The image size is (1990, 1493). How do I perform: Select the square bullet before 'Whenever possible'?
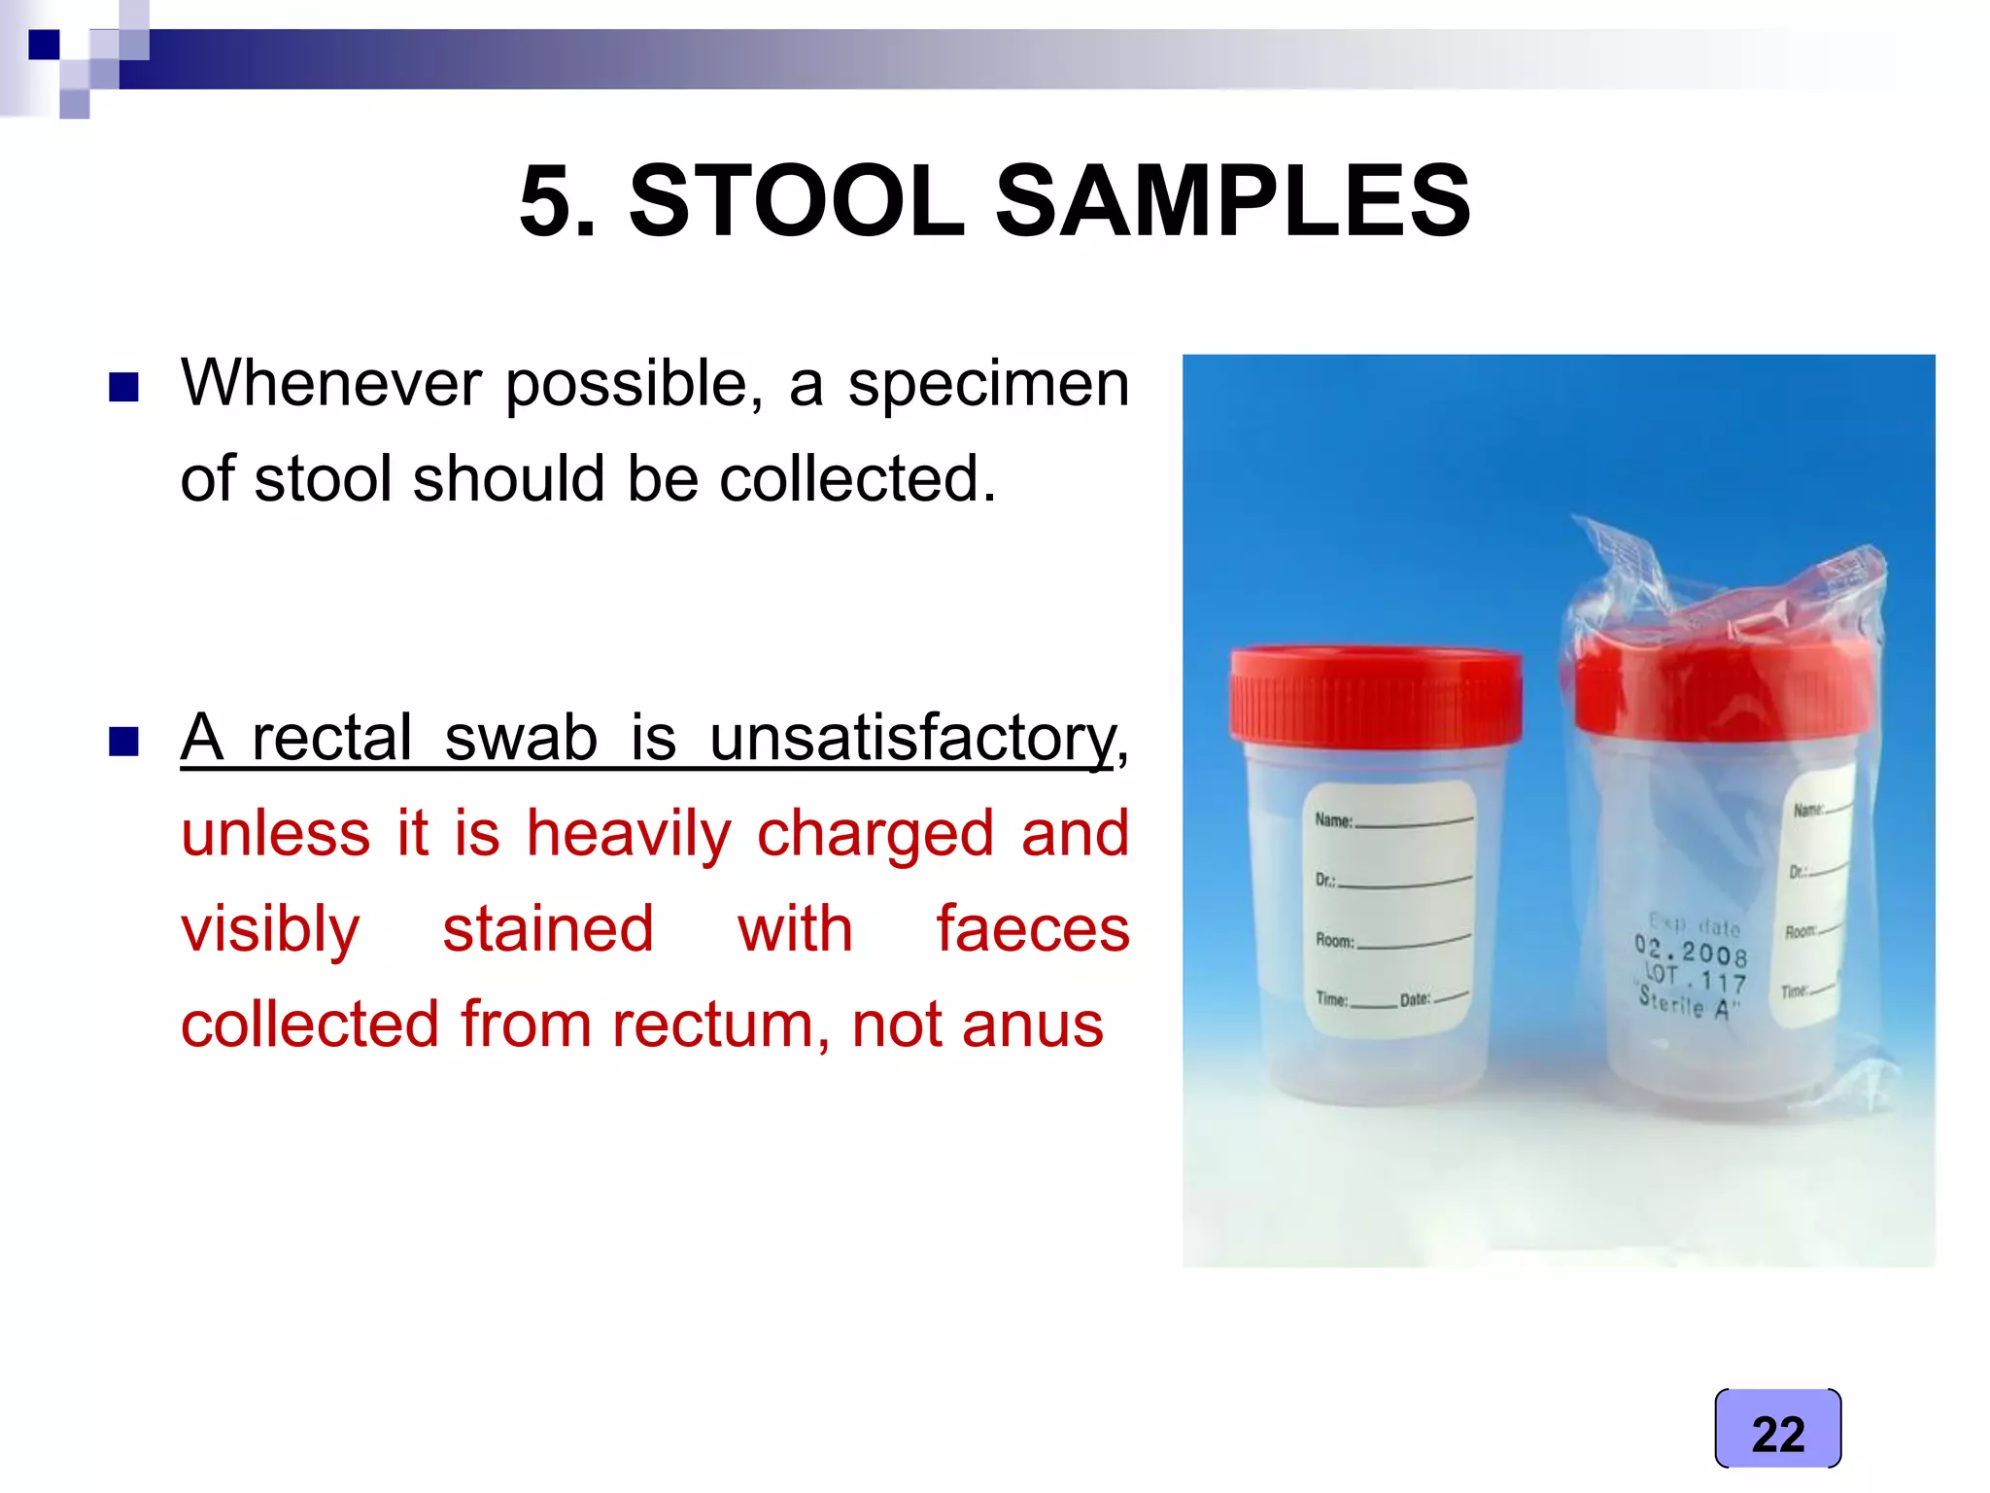[123, 387]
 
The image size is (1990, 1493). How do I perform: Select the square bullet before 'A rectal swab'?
[123, 742]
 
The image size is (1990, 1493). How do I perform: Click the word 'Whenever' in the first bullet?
[330, 383]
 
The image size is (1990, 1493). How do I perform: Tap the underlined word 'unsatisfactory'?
[913, 739]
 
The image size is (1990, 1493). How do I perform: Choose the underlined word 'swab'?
[520, 738]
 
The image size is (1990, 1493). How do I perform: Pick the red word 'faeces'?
[1032, 929]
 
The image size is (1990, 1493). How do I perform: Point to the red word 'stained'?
[548, 929]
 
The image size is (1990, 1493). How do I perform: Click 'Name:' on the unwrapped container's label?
[1334, 820]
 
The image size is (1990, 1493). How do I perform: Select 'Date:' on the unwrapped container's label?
[1415, 999]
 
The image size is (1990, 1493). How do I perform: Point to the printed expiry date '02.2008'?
[1691, 951]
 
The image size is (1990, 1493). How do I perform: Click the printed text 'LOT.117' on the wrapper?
[1696, 978]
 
